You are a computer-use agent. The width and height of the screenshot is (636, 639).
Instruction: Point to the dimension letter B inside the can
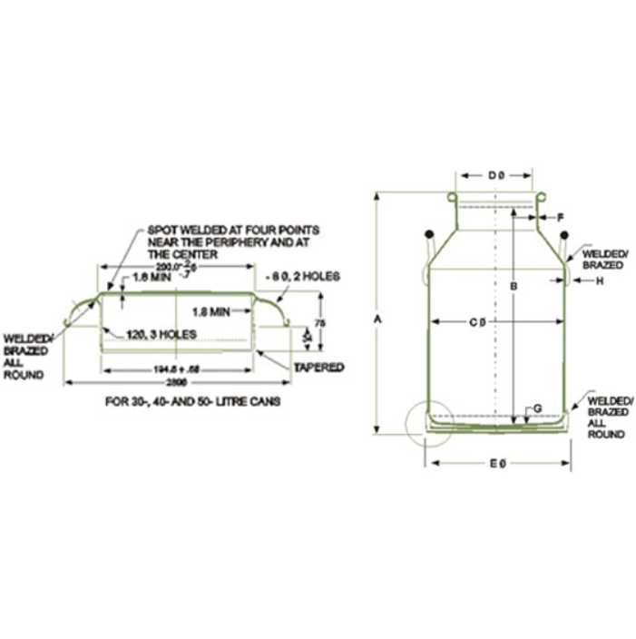(x=513, y=288)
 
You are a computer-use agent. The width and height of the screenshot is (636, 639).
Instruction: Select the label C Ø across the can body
(x=477, y=320)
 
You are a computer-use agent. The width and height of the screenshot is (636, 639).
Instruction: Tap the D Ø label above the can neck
(x=495, y=174)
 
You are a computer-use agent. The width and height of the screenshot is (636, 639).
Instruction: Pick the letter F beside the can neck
(x=561, y=217)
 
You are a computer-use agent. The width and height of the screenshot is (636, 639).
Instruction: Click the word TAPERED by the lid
(x=318, y=367)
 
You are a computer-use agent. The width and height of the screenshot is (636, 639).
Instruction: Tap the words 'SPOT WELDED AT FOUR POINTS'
(x=232, y=231)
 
